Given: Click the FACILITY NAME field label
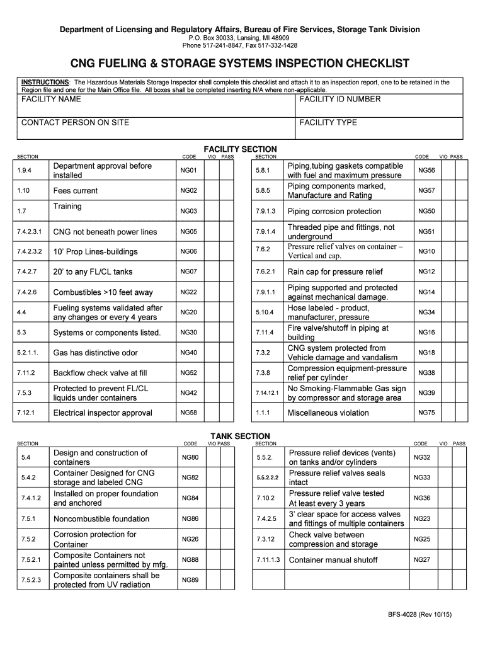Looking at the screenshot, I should (x=51, y=100).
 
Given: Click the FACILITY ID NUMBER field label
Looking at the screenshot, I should (x=340, y=100).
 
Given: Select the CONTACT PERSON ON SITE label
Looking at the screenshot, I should (x=75, y=123).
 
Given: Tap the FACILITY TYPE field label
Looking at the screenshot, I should (x=328, y=123).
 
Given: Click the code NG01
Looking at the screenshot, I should (x=189, y=171).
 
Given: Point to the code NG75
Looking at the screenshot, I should (x=426, y=413).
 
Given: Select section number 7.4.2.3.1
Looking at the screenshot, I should (x=30, y=232).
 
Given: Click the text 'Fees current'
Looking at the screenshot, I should (x=76, y=191).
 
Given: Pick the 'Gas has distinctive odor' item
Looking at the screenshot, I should (x=95, y=353).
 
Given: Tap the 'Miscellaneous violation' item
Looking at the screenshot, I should (x=328, y=413).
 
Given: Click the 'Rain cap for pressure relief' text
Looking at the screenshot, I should (x=334, y=272).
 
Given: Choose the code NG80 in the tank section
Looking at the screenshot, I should (x=190, y=457).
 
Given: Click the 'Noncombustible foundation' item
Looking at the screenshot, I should (x=101, y=519).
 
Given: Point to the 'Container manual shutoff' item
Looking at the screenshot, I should (x=333, y=560).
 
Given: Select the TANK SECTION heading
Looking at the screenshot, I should (x=240, y=436).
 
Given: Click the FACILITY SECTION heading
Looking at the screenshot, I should (x=240, y=149).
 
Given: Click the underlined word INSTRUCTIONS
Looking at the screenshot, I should (x=45, y=83).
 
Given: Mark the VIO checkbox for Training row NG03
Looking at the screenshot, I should (x=214, y=211).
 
